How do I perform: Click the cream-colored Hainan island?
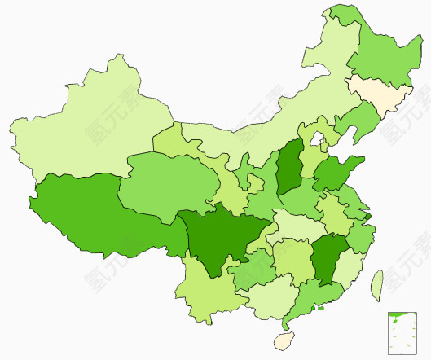coord(284,340)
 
